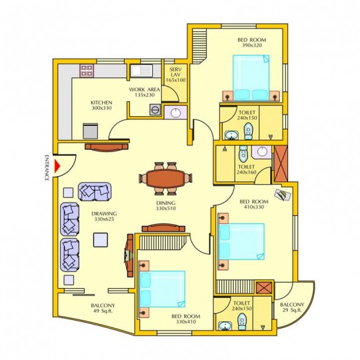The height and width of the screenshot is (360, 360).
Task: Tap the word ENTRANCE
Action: click(47, 168)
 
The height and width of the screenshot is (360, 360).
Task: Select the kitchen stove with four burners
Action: click(87, 71)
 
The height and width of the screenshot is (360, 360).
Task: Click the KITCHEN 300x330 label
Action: click(101, 105)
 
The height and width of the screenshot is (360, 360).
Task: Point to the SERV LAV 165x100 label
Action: click(175, 75)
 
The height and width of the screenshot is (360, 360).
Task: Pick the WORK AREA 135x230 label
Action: click(145, 92)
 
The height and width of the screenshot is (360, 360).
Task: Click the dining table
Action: click(165, 179)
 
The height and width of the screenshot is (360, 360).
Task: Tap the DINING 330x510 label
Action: click(166, 206)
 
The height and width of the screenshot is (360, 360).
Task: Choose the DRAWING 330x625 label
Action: click(104, 216)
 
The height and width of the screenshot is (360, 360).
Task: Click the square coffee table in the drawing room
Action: click(101, 240)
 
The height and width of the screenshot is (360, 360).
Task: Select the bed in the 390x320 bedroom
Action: click(251, 77)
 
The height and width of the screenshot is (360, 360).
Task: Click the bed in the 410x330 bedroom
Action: click(241, 241)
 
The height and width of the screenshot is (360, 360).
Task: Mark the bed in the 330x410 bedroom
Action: click(162, 289)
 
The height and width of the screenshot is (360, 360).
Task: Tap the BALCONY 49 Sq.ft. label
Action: click(103, 308)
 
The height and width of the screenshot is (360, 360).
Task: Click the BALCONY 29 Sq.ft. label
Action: click(292, 307)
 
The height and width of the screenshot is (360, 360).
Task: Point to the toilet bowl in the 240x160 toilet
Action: click(243, 153)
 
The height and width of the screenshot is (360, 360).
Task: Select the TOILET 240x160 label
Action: click(247, 169)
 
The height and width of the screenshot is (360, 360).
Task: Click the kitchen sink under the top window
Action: click(141, 71)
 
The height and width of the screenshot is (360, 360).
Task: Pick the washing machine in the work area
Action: click(155, 109)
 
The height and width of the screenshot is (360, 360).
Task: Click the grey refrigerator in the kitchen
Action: click(91, 131)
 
